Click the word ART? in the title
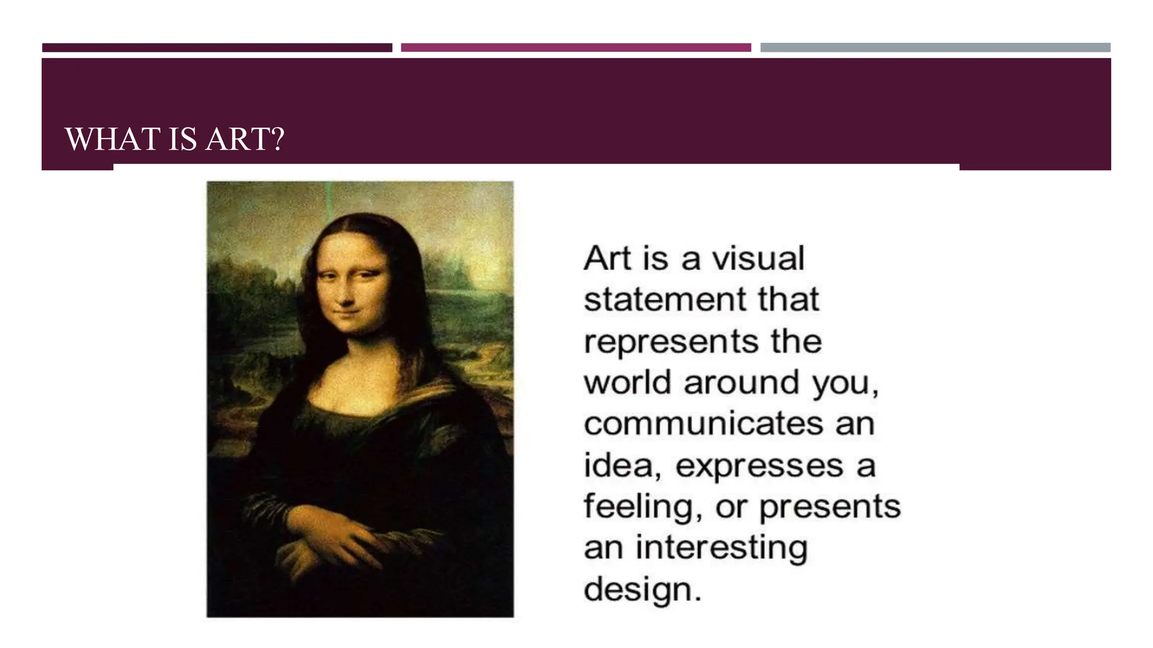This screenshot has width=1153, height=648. click(245, 139)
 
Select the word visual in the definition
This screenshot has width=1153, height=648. click(758, 259)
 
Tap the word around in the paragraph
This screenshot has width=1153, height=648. click(741, 382)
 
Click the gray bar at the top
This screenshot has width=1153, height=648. click(935, 48)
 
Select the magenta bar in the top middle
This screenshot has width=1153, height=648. click(575, 48)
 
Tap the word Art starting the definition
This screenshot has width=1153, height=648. click(607, 259)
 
